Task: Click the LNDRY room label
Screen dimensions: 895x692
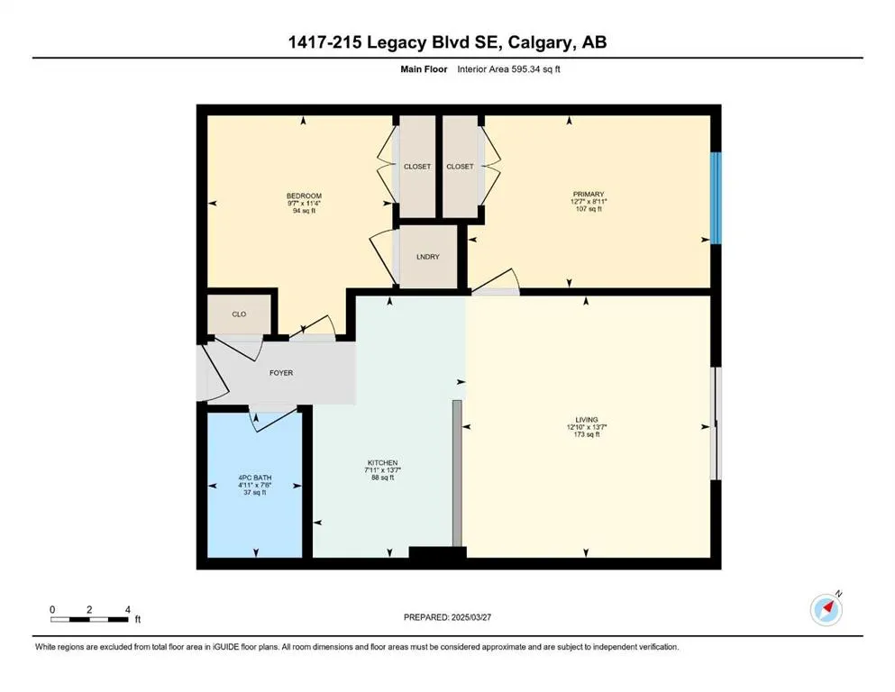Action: [x=427, y=257]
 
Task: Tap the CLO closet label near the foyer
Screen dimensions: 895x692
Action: [x=239, y=314]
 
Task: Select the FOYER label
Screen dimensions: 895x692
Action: [x=281, y=373]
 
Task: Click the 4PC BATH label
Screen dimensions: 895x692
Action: [x=254, y=478]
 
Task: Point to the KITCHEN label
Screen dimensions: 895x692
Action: [x=382, y=462]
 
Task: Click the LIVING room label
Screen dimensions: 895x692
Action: [x=586, y=419]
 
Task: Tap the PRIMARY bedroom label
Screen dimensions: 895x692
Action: [x=589, y=195]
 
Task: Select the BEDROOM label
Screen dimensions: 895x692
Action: [x=304, y=196]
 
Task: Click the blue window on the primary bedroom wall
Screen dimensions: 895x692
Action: [x=716, y=197]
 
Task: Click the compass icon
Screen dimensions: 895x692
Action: [x=826, y=609]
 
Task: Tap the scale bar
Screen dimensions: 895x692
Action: [x=88, y=619]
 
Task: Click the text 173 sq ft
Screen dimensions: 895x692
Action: [x=586, y=434]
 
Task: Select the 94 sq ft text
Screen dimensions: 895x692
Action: [x=304, y=211]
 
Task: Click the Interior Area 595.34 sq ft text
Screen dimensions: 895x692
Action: [x=508, y=69]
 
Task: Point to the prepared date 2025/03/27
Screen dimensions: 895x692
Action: [x=470, y=617]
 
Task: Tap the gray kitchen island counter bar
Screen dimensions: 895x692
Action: [x=457, y=474]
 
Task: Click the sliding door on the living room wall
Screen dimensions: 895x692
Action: [x=716, y=423]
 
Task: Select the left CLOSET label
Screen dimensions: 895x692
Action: [x=417, y=167]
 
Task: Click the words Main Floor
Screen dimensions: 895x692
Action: [x=424, y=69]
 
